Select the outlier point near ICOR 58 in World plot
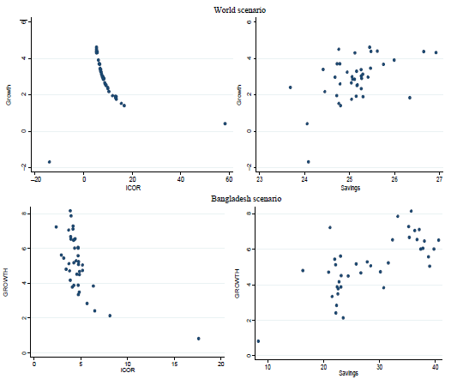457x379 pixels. pos(225,123)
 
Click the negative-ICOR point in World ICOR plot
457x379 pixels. pos(49,161)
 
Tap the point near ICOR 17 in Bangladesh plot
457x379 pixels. pos(198,338)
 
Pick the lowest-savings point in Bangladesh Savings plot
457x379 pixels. pos(258,340)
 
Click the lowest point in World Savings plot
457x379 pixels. pos(308,161)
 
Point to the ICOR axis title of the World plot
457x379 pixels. pos(133,187)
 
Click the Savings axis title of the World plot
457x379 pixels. pos(349,187)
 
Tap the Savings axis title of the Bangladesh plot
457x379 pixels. pos(350,373)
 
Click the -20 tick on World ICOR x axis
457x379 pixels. pos(36,179)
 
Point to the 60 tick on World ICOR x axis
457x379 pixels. pos(229,179)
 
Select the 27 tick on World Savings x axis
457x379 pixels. pos(439,179)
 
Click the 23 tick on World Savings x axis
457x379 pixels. pos(260,179)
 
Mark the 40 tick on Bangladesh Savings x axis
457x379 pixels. pos(436,365)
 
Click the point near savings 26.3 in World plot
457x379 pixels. pos(410,98)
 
